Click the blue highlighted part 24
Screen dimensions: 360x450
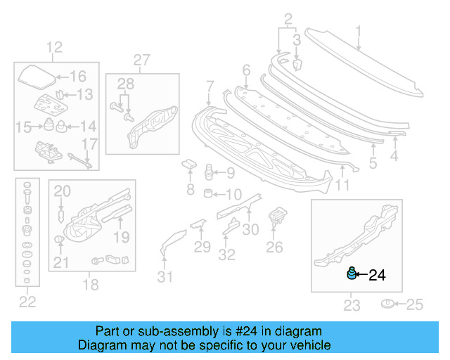point(351,274)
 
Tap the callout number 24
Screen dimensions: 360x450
point(377,276)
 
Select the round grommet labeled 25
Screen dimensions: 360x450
point(387,304)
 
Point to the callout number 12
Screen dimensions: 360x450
point(55,48)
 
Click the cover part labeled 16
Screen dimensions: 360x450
point(35,75)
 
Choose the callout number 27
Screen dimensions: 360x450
point(142,60)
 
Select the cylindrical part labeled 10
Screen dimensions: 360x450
point(209,193)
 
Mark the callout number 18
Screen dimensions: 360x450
point(91,285)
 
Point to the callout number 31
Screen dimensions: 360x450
point(164,277)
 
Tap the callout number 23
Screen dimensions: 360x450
point(352,305)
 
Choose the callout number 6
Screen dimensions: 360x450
point(246,70)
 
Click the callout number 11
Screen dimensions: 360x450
point(342,186)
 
